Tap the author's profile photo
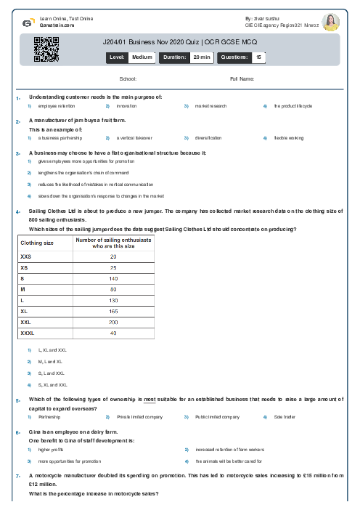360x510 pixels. point(330,22)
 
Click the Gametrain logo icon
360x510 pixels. point(27,23)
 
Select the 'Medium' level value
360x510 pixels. point(142,57)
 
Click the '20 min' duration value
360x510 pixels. point(202,57)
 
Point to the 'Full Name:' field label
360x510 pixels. point(242,78)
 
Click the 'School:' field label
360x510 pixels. point(128,78)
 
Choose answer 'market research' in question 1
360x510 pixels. point(210,106)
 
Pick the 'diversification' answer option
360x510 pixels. point(208,137)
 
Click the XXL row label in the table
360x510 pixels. point(26,322)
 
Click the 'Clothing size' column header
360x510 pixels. point(37,243)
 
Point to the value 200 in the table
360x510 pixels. point(113,322)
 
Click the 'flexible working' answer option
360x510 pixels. point(288,137)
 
